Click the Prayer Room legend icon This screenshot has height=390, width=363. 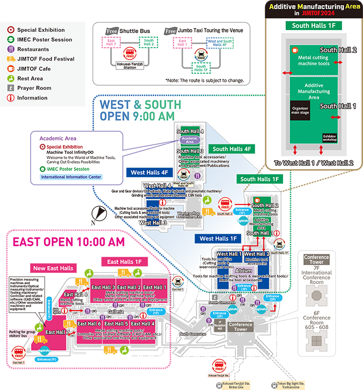pos(10,88)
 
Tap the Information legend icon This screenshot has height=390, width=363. pos(10,98)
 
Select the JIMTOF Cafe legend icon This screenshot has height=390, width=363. pos(10,69)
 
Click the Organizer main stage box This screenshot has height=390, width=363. pos(300,110)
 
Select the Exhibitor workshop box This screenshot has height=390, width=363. pos(330,137)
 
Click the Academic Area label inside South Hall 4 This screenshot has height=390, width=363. pos(190,140)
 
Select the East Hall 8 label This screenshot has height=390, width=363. pos(76,295)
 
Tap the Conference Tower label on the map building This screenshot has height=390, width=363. pos(241,327)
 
